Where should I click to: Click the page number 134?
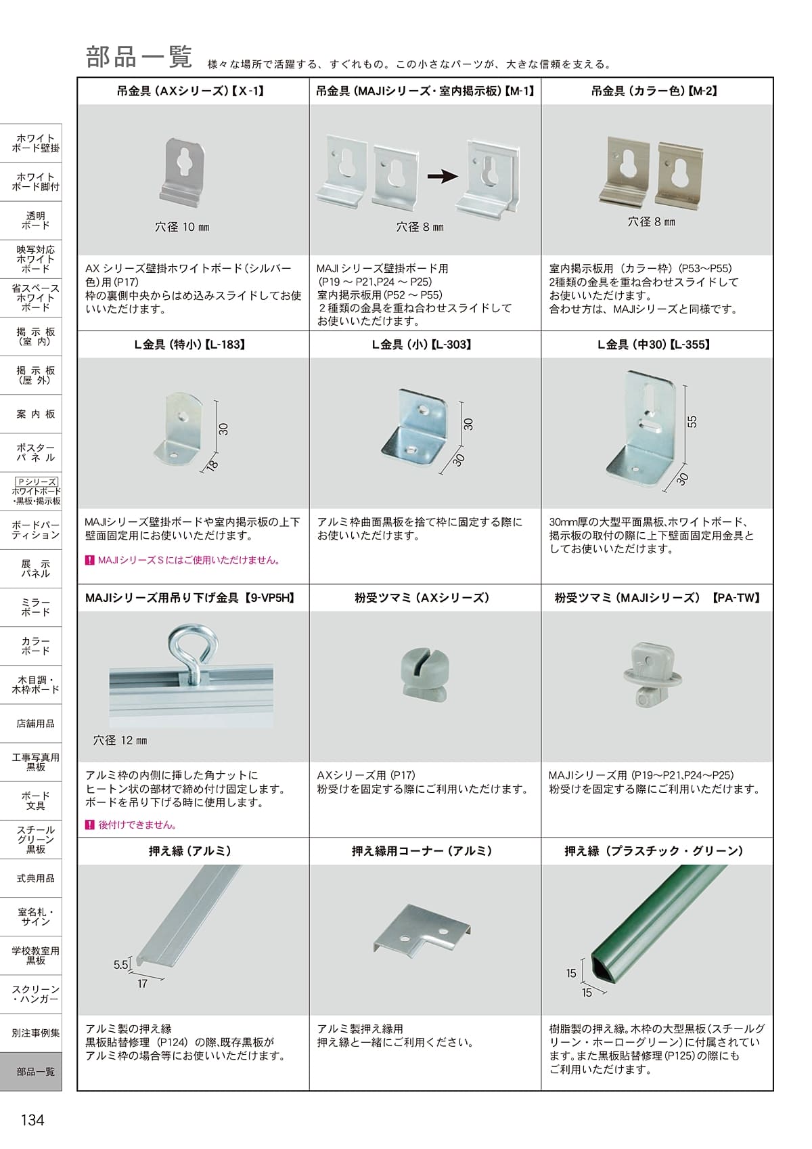pos(32,1120)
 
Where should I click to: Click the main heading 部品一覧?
pos(139,56)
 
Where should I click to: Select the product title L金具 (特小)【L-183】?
pos(190,345)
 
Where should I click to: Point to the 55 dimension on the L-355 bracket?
pos(692,422)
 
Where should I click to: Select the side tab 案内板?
pos(35,414)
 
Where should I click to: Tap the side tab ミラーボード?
pos(35,607)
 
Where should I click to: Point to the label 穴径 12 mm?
pos(120,740)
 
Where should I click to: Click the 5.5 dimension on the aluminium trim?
pos(120,965)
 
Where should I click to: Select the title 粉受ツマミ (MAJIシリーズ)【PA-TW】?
pos(658,598)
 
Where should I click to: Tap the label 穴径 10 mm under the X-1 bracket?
pos(182,227)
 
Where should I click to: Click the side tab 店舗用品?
pos(35,723)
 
